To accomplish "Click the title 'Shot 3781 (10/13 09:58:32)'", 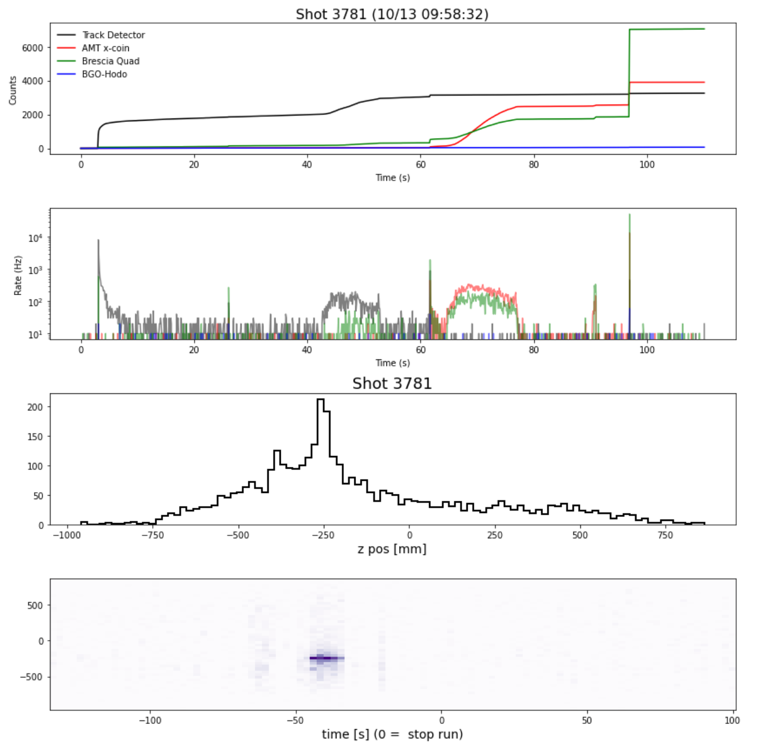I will (392, 14).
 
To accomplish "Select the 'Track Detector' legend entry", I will (113, 35).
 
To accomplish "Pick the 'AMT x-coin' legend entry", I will (105, 48).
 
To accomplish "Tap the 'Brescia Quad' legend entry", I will (110, 61).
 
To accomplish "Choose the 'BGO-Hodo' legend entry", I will (104, 74).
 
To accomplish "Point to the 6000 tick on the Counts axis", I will (33, 48).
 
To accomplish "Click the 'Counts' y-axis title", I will (13, 91).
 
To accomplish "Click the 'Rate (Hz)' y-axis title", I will (18, 275).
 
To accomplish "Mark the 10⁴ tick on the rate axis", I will (35, 237).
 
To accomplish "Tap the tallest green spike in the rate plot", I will (630, 216).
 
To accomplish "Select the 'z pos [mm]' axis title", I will (392, 549).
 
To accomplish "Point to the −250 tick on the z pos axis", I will (323, 535).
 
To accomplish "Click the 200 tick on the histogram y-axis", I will (36, 407).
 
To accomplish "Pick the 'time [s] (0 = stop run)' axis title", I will (392, 734).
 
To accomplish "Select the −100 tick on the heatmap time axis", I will (151, 720).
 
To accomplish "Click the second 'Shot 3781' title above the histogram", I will (392, 384).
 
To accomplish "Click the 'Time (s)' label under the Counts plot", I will (393, 178).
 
